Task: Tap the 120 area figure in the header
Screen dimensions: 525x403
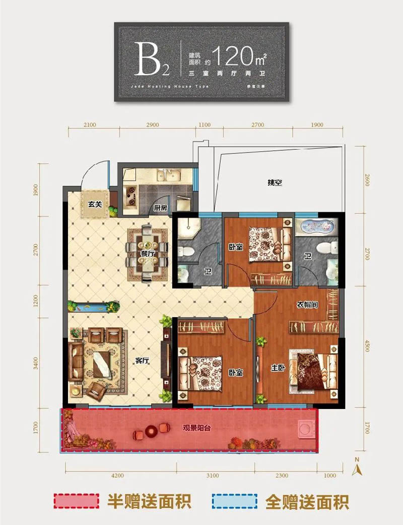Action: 232,56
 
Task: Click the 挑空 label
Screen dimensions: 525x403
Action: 275,184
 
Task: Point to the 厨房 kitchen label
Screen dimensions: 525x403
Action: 161,208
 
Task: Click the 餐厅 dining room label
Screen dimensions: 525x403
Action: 147,254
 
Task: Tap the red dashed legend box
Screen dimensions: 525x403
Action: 77,501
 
